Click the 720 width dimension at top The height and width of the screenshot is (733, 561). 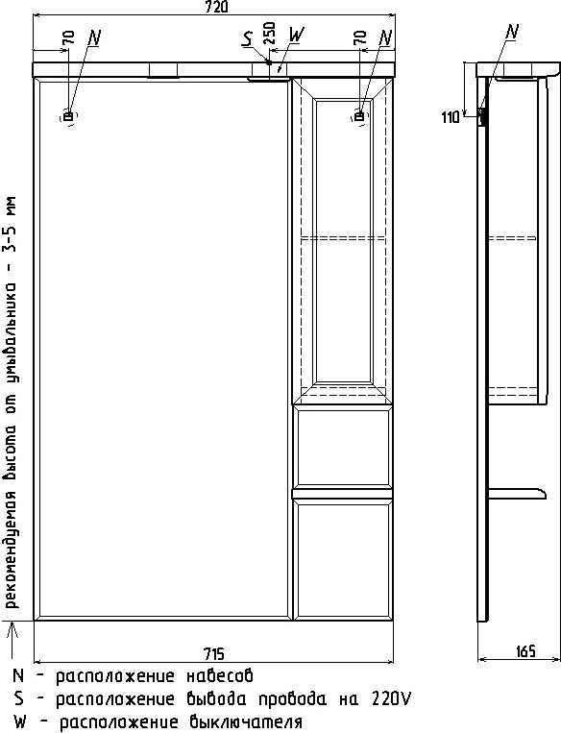216,8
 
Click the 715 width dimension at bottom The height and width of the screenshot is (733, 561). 214,653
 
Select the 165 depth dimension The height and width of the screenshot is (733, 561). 526,651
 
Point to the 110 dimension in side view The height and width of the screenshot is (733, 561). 451,117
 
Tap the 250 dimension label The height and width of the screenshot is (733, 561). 270,33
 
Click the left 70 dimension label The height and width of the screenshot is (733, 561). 68,37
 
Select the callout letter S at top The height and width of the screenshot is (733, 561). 247,38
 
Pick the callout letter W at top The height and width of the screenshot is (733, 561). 297,34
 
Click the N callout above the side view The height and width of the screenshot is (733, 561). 513,32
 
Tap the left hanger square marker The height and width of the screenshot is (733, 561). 68,116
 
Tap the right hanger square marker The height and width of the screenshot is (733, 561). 359,116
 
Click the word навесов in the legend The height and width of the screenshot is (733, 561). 220,676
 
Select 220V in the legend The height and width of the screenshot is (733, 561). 392,698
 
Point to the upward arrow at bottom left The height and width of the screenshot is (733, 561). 13,642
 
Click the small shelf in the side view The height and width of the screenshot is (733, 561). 517,493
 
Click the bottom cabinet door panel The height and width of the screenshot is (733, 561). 343,559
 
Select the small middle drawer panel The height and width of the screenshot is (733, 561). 343,447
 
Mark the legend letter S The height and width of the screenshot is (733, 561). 18,698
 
